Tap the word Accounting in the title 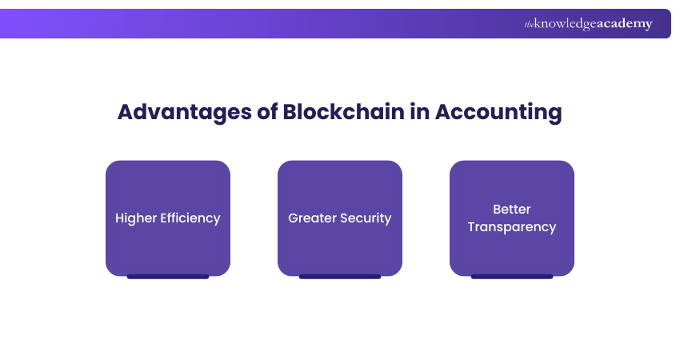point(498,112)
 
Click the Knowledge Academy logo point(588,24)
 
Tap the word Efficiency point(191,218)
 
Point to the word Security point(366,218)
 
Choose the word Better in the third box point(512,209)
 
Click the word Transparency point(512,227)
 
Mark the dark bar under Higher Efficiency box point(168,277)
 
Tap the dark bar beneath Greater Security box point(340,277)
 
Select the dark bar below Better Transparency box point(512,277)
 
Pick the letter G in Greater point(294,218)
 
